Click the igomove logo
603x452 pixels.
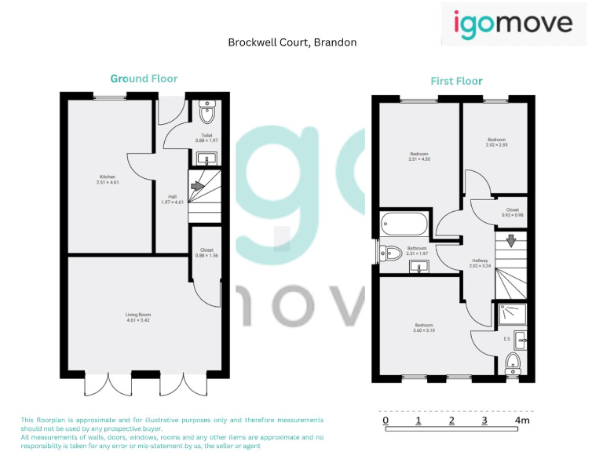point(513,23)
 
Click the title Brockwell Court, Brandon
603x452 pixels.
point(292,42)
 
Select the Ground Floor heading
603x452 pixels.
point(144,78)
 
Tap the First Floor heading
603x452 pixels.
point(456,81)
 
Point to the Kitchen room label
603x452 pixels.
point(107,179)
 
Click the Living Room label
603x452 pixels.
point(137,318)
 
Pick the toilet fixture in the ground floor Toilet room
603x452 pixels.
point(207,114)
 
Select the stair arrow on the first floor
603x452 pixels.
point(510,242)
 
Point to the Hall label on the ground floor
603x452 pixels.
point(172,200)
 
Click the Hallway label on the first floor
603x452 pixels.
point(480,263)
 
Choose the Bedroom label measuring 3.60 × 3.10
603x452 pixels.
point(424,327)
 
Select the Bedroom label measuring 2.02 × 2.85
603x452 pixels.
point(497,142)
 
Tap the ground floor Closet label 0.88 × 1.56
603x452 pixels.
point(206,252)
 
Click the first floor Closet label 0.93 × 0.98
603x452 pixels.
point(512,212)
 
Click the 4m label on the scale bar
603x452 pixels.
point(522,421)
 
